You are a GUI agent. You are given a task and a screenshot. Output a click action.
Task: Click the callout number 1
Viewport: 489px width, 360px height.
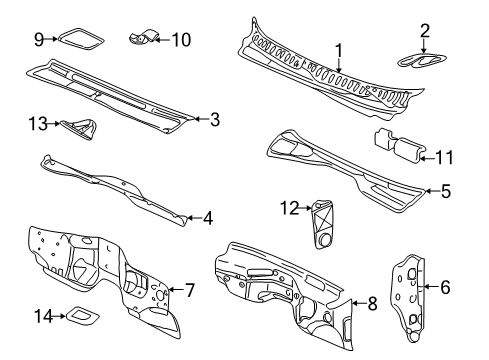tap(338, 49)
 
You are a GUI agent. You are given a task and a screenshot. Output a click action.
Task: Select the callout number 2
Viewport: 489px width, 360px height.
tap(425, 30)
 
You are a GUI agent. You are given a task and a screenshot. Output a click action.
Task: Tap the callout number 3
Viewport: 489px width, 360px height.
tap(214, 120)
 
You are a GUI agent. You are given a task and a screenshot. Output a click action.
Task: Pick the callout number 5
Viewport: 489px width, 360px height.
tap(447, 188)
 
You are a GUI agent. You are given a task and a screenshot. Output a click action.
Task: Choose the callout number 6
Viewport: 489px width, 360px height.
tap(446, 286)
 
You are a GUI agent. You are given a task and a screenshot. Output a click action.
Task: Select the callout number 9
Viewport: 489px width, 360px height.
tap(39, 39)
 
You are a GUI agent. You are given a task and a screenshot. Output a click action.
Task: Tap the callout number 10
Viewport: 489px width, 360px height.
tap(181, 40)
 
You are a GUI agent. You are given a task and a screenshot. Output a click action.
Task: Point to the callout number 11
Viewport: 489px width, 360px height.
tap(445, 155)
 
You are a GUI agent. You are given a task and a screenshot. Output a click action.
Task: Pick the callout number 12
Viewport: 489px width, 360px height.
tap(291, 207)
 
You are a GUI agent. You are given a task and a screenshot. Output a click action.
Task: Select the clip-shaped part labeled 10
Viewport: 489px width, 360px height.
tap(142, 39)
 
